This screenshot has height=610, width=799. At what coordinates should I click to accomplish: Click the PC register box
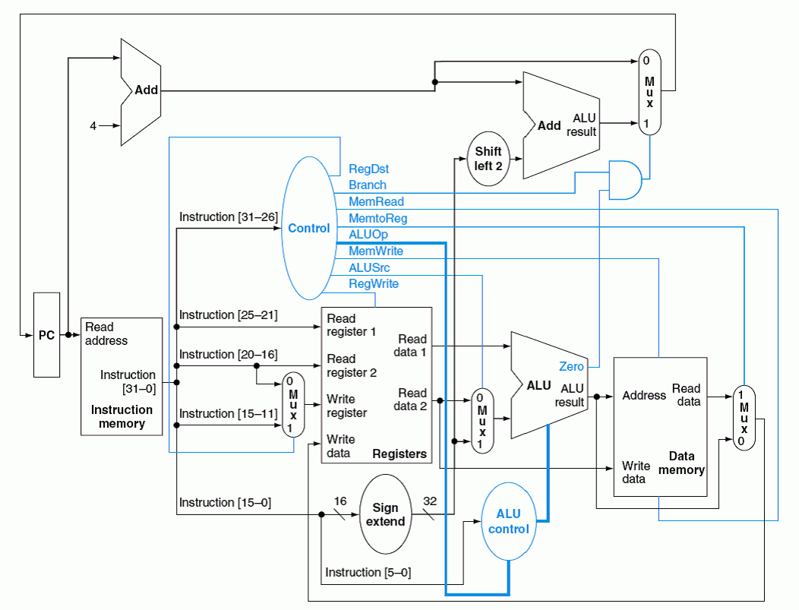pyautogui.click(x=46, y=334)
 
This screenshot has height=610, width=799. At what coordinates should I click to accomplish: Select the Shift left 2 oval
pyautogui.click(x=488, y=158)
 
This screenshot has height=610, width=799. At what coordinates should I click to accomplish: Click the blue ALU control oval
pyautogui.click(x=508, y=522)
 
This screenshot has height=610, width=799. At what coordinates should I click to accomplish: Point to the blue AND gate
pyautogui.click(x=625, y=180)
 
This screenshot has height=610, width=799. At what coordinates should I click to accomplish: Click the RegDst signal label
pyautogui.click(x=369, y=169)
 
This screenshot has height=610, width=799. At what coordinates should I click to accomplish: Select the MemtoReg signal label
pyautogui.click(x=377, y=218)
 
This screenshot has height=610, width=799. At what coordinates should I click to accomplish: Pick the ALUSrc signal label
pyautogui.click(x=370, y=267)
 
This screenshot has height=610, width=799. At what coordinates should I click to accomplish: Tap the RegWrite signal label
pyautogui.click(x=374, y=283)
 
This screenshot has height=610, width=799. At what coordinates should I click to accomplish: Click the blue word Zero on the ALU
pyautogui.click(x=571, y=366)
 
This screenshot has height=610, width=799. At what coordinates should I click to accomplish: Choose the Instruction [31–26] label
pyautogui.click(x=228, y=217)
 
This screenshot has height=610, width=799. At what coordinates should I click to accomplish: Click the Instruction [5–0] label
pyautogui.click(x=368, y=572)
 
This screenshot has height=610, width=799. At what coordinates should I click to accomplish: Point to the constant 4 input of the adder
pyautogui.click(x=93, y=126)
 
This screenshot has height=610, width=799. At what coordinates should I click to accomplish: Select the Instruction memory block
pyautogui.click(x=122, y=376)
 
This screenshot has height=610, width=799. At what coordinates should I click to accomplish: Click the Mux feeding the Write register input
pyautogui.click(x=292, y=404)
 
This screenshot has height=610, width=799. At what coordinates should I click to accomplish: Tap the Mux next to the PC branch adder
pyautogui.click(x=649, y=92)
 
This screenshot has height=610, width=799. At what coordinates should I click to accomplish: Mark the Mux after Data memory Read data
pyautogui.click(x=744, y=417)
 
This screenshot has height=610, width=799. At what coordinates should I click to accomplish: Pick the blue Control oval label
pyautogui.click(x=309, y=228)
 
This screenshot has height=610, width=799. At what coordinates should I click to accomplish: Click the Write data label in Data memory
pyautogui.click(x=634, y=472)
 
